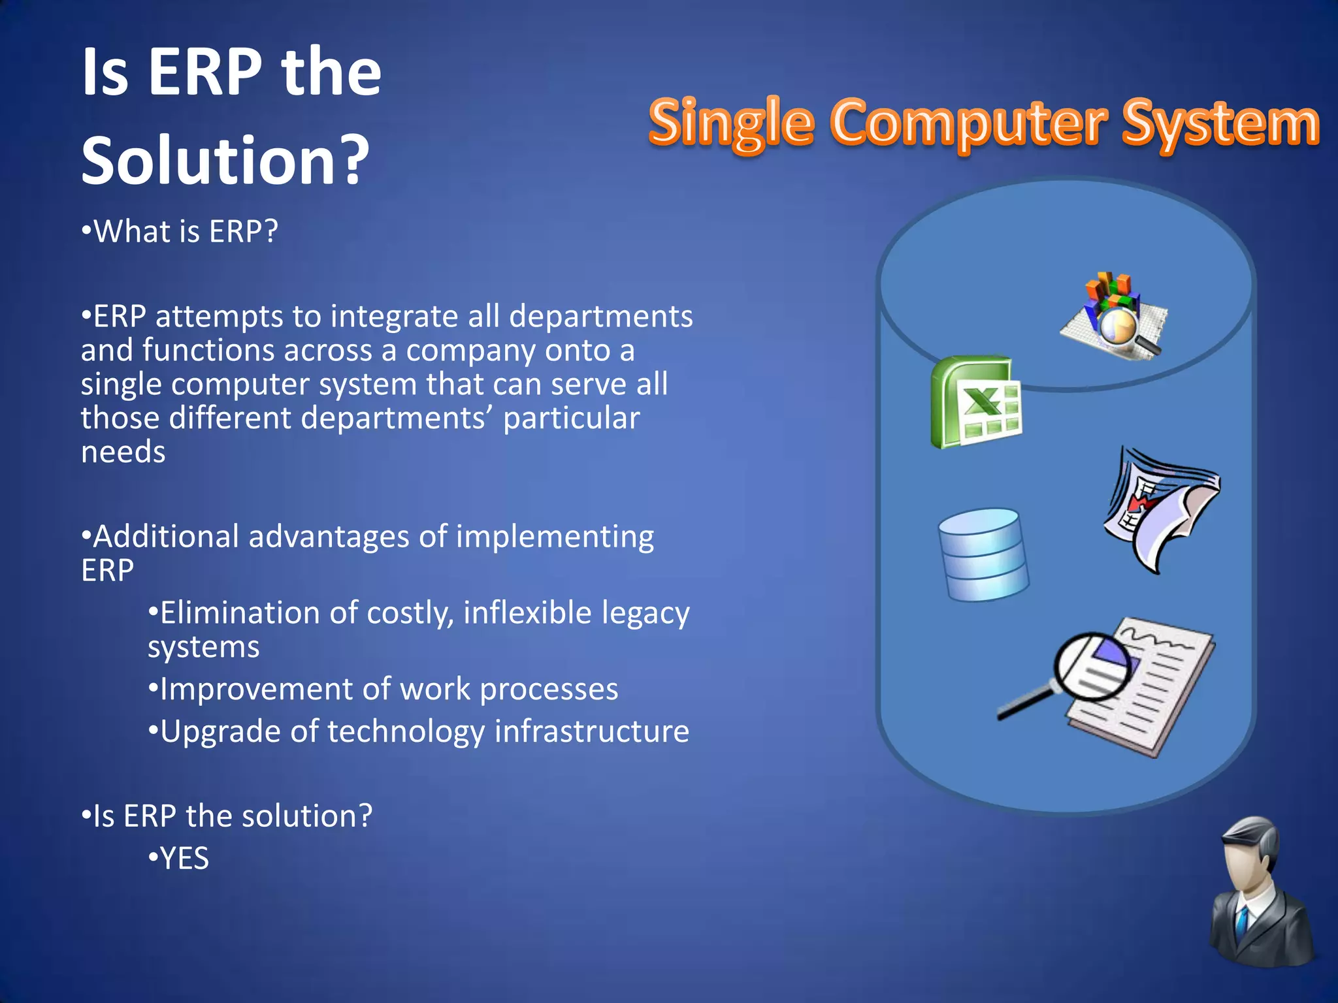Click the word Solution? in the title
[225, 161]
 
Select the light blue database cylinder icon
[983, 555]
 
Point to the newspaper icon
[1160, 509]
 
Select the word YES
[185, 859]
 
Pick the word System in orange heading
[1220, 123]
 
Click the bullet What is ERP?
[180, 232]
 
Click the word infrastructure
[591, 731]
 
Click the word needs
[123, 453]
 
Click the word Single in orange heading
[731, 123]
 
